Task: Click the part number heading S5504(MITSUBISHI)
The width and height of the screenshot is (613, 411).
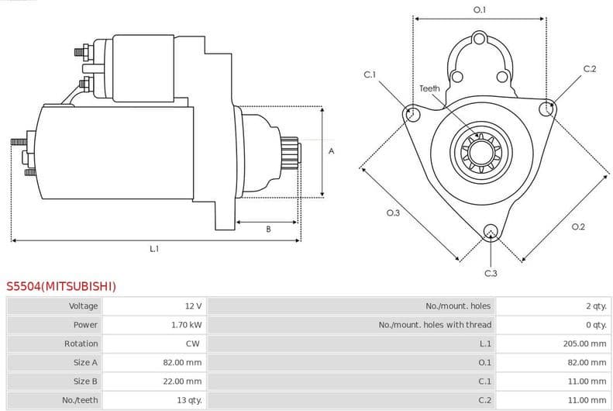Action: (x=61, y=286)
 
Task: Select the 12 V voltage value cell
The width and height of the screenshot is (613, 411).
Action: (x=193, y=306)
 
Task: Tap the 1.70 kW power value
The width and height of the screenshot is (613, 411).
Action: (x=186, y=325)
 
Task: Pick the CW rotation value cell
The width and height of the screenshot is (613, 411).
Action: (x=193, y=344)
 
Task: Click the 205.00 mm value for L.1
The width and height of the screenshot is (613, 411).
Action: (x=584, y=344)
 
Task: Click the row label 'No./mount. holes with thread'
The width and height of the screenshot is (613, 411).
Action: (x=435, y=325)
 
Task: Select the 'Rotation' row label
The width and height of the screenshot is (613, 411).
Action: (x=81, y=344)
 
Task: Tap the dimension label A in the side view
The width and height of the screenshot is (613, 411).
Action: (x=331, y=151)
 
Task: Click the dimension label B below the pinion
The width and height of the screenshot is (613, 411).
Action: (x=268, y=229)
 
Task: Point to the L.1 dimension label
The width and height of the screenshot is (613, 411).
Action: (x=154, y=249)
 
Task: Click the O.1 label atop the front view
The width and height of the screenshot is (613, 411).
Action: (x=480, y=10)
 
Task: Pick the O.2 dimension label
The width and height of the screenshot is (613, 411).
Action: (x=577, y=226)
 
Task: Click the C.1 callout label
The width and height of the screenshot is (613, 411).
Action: (x=370, y=74)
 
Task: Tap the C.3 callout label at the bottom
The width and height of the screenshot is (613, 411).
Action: (x=491, y=273)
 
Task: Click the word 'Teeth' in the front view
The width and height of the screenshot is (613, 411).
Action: (x=429, y=88)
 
